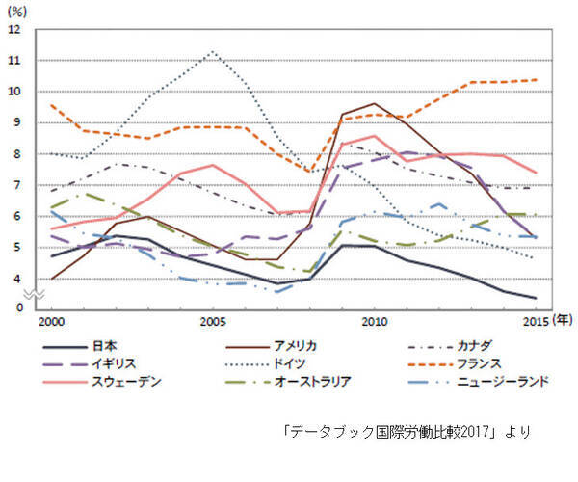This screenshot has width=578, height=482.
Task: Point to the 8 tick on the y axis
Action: pyautogui.click(x=15, y=154)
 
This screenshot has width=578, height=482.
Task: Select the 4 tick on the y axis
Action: pyautogui.click(x=15, y=279)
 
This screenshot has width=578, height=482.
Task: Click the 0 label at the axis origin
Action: pyautogui.click(x=15, y=308)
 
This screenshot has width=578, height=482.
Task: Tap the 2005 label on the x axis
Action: pyautogui.click(x=212, y=320)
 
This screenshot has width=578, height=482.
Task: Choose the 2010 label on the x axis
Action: pyautogui.click(x=374, y=320)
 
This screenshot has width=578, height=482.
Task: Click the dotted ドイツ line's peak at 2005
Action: pyautogui.click(x=212, y=51)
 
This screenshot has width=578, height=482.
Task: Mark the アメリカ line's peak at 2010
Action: pyautogui.click(x=374, y=103)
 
